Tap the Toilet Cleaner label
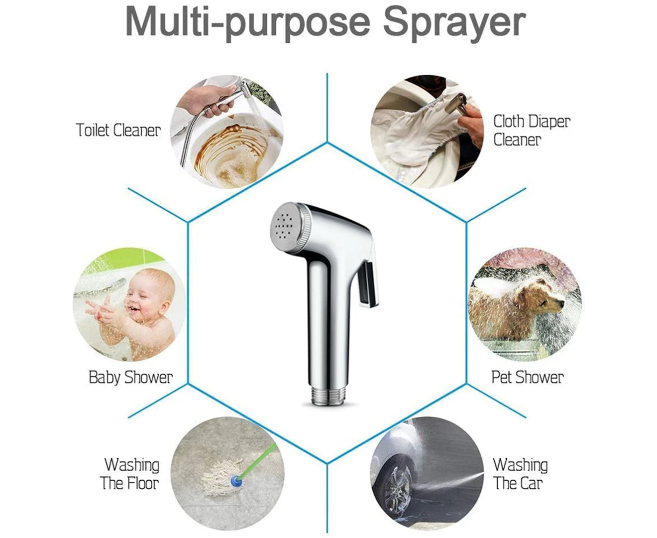click(x=118, y=130)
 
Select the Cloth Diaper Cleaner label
click(x=532, y=131)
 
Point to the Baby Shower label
click(x=130, y=378)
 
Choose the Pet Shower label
click(x=528, y=378)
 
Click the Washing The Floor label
click(x=129, y=474)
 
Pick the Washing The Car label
click(x=520, y=474)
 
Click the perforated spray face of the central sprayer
click(x=286, y=227)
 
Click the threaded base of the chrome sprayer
click(x=327, y=397)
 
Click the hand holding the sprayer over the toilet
click(x=208, y=99)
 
